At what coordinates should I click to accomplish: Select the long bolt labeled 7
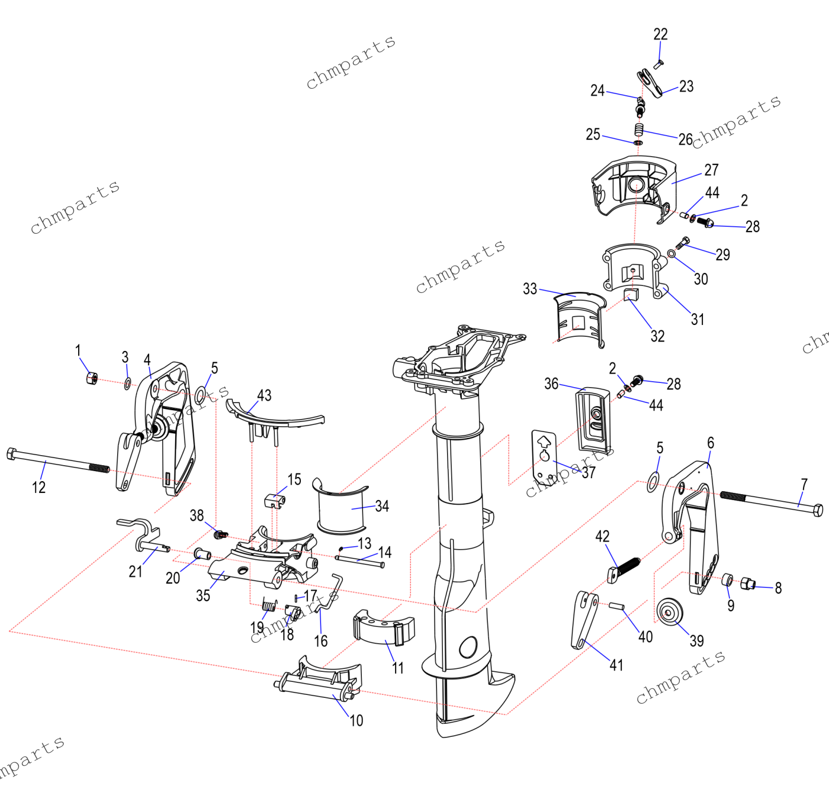770,501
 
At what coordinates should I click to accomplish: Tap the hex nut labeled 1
91,377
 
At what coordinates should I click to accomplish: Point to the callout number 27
711,170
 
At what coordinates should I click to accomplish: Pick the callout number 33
529,288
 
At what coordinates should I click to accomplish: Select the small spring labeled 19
269,605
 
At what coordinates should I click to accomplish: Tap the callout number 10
356,720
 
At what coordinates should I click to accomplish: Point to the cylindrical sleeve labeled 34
342,510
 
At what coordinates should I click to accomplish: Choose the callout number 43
264,395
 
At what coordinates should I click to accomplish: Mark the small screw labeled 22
658,62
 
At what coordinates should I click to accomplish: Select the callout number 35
203,595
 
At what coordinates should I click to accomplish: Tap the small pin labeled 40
616,605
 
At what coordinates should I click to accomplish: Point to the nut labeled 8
748,584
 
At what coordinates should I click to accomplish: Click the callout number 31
698,319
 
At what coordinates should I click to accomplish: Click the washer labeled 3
127,384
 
